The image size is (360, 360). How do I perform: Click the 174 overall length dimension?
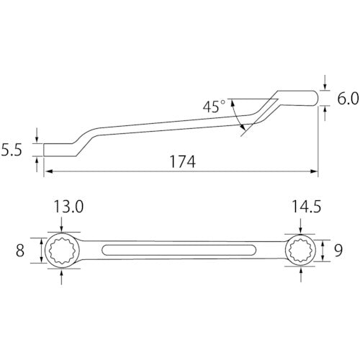[x=183, y=161]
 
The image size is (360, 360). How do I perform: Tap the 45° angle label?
[x=214, y=107]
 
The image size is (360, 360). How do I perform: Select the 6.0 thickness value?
[x=348, y=99]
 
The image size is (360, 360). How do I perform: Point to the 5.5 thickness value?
[x=12, y=150]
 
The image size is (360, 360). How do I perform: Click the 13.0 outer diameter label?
[x=68, y=207]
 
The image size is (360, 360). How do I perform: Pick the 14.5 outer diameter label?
[x=306, y=207]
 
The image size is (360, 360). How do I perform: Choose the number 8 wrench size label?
[x=20, y=251]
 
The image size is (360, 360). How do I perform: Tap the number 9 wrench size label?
[x=338, y=251]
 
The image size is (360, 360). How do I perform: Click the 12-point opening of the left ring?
[x=62, y=251]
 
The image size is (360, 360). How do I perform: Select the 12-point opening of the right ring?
[x=301, y=251]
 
